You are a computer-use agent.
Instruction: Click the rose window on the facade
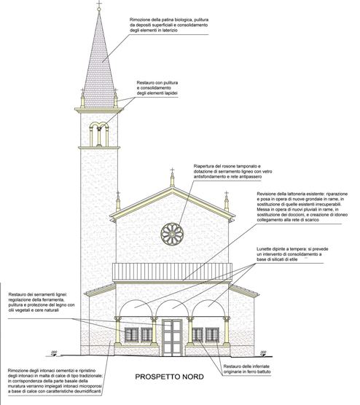click(172, 234)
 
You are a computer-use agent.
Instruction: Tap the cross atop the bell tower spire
click(99, 4)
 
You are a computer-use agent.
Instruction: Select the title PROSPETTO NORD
click(169, 377)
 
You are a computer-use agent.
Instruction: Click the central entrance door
click(172, 337)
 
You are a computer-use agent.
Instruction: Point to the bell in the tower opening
click(99, 128)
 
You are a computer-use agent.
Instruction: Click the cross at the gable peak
click(172, 170)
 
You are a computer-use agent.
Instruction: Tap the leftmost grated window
click(132, 335)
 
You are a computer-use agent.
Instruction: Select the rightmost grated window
click(212, 335)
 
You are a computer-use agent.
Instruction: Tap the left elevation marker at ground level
click(54, 353)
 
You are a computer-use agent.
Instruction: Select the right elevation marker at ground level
click(263, 353)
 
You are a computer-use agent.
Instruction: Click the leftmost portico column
click(118, 331)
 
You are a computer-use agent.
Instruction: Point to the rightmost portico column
click(227, 331)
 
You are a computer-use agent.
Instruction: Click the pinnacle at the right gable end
click(227, 202)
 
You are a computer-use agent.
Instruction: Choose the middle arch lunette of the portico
click(172, 309)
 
